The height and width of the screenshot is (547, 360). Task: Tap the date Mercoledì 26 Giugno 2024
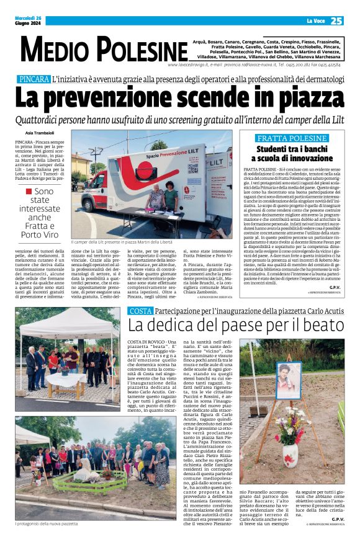tap(29, 21)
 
